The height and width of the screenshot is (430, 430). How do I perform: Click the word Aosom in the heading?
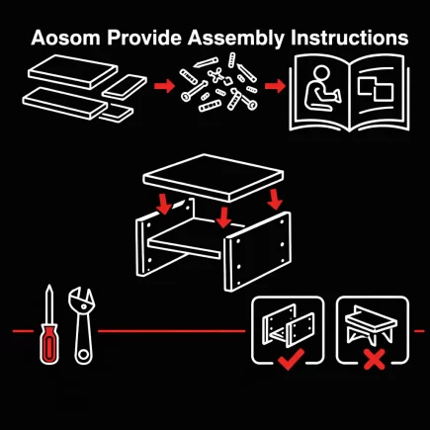65,38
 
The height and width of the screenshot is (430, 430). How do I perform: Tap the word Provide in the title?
144,38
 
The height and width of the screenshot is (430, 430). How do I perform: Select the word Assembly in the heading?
236,39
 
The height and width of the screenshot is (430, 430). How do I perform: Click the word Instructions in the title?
350,38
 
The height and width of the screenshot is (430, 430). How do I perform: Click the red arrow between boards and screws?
164,86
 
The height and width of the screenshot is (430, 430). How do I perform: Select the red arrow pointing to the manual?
275,86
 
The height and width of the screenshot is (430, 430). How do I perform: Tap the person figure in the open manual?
321,88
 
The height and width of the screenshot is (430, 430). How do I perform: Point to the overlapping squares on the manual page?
376,89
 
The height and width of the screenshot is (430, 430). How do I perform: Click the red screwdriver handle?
49,344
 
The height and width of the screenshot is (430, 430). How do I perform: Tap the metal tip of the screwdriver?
49,303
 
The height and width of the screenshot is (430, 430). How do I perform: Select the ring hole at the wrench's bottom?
84,355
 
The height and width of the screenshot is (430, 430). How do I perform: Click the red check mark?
291,360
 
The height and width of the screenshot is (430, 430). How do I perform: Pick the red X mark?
374,360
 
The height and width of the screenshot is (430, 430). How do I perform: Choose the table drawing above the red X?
371,325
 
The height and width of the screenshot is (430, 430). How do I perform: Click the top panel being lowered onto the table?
214,178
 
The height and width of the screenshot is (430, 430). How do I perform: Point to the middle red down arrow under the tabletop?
223,217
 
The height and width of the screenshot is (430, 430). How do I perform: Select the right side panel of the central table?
258,252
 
